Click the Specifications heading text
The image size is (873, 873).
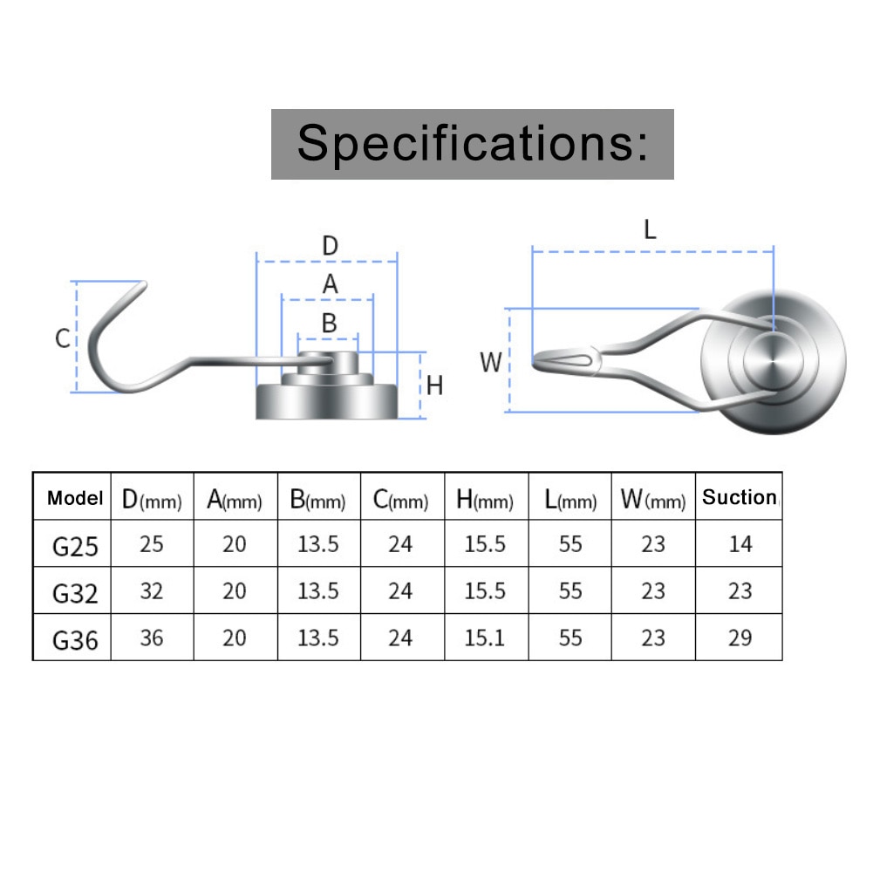pyautogui.click(x=473, y=143)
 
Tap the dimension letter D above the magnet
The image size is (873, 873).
pyautogui.click(x=331, y=246)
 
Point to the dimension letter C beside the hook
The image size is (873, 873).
pyautogui.click(x=63, y=338)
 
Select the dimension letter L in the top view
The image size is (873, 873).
pyautogui.click(x=650, y=229)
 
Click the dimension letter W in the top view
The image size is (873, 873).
pyautogui.click(x=490, y=363)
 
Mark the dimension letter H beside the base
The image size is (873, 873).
pyautogui.click(x=434, y=385)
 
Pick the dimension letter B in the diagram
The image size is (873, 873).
pyautogui.click(x=330, y=323)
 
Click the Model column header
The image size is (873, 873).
pyautogui.click(x=75, y=498)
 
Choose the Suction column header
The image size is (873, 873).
pyautogui.click(x=740, y=496)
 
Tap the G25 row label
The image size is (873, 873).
pyautogui.click(x=75, y=547)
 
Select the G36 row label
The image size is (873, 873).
pyautogui.click(x=75, y=640)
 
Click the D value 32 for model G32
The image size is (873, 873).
pyautogui.click(x=152, y=590)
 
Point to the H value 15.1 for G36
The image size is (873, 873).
pyautogui.click(x=484, y=638)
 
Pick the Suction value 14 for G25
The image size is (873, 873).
pyautogui.click(x=740, y=544)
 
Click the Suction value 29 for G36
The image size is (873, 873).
pyautogui.click(x=740, y=638)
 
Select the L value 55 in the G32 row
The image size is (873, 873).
pyautogui.click(x=570, y=590)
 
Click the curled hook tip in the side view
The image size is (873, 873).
pyautogui.click(x=142, y=285)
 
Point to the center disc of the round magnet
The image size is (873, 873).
pyautogui.click(x=773, y=360)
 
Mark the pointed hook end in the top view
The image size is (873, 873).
pyautogui.click(x=535, y=360)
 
